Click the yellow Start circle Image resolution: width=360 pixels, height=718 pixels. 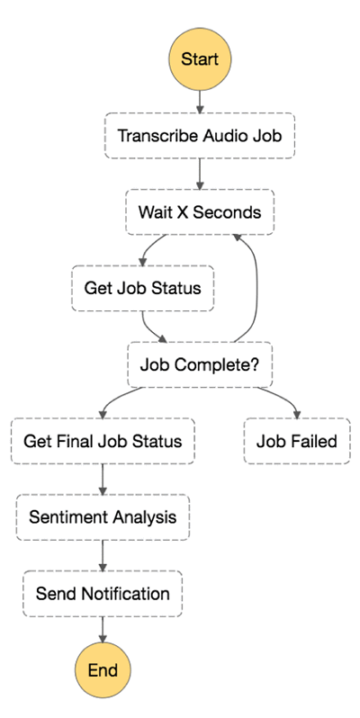[x=200, y=59]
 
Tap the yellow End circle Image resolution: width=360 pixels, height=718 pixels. [x=103, y=670]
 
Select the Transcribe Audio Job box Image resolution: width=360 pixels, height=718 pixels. [x=200, y=136]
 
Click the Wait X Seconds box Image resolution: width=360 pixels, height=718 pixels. [x=200, y=212]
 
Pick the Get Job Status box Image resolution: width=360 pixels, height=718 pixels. [x=142, y=289]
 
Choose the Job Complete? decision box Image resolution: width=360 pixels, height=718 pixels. [x=200, y=365]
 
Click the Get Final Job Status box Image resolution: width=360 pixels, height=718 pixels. [x=103, y=442]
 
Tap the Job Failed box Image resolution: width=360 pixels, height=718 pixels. [x=297, y=442]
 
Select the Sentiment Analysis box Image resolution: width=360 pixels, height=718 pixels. [x=103, y=517]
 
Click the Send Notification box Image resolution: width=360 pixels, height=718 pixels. [x=103, y=594]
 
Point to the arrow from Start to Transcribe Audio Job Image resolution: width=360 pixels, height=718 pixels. [x=200, y=102]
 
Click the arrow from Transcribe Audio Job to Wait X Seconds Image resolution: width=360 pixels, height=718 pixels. [x=200, y=174]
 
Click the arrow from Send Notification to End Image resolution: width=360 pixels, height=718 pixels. [x=103, y=630]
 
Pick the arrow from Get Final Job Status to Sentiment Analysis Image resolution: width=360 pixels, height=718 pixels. [x=103, y=480]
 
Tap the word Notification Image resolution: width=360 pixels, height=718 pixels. [x=125, y=594]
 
